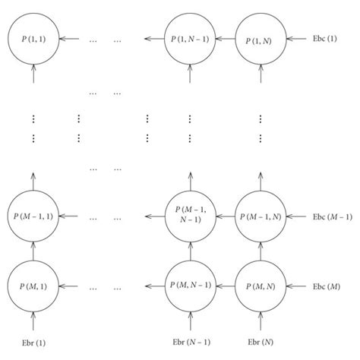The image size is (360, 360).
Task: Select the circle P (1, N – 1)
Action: [191, 37]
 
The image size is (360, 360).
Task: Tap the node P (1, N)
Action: [261, 37]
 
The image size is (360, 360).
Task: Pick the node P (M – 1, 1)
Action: [32, 217]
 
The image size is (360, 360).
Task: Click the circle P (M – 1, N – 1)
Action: [191, 217]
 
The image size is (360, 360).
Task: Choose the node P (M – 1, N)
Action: [261, 217]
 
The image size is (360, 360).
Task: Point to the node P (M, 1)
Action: [32, 286]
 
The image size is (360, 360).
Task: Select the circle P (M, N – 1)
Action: [191, 286]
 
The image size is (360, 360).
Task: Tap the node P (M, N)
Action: [261, 286]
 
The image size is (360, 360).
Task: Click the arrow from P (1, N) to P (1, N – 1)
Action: [226, 37]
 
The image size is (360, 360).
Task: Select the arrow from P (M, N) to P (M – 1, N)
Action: [261, 252]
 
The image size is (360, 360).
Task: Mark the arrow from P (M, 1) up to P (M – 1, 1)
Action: [32, 252]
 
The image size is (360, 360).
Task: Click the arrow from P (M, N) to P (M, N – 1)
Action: [226, 286]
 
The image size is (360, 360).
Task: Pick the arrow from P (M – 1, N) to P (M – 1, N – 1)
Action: [226, 217]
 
